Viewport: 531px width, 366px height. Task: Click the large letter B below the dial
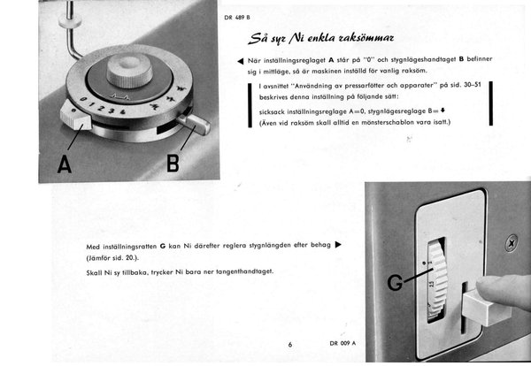tap(174, 163)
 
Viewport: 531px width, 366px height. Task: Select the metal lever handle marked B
tap(196, 124)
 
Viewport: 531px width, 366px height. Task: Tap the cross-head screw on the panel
tap(511, 239)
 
